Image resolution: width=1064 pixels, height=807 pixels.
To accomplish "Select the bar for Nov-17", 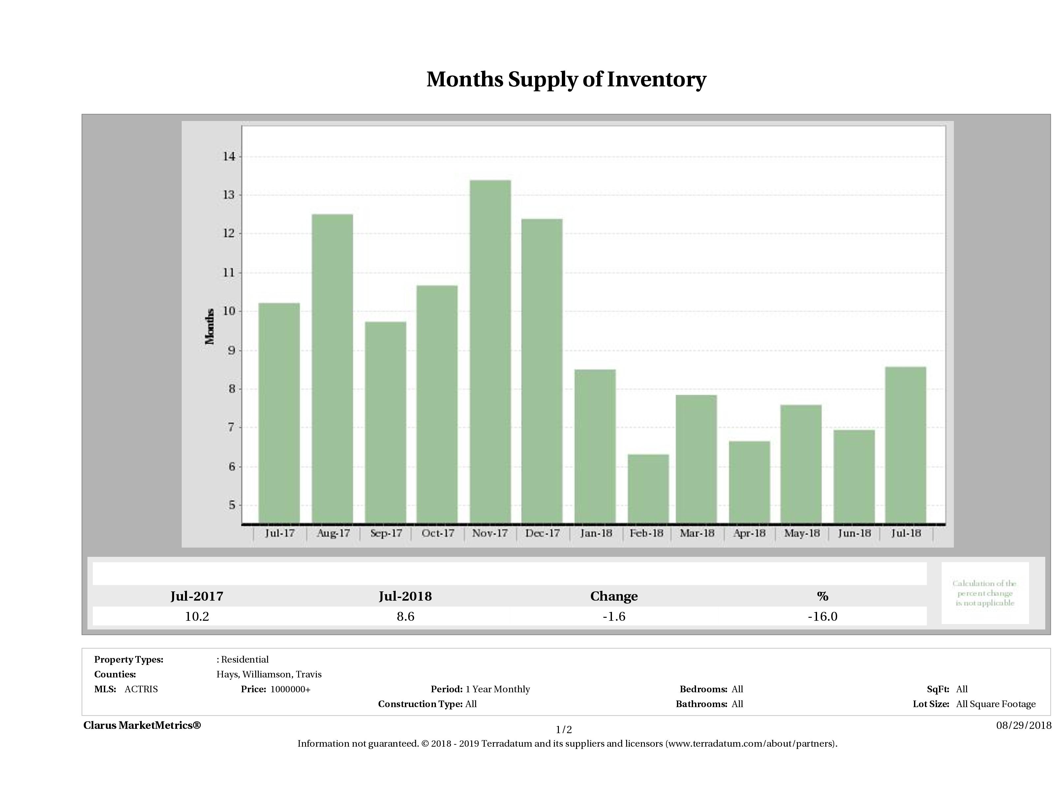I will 490,351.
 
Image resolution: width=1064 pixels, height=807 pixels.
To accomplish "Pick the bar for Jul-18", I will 905,445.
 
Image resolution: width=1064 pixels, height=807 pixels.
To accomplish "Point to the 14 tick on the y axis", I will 228,156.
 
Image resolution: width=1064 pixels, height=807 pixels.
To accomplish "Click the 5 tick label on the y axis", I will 232,505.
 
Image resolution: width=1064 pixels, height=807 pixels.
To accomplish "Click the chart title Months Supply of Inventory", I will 566,79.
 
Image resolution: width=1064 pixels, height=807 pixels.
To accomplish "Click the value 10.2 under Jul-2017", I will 197,616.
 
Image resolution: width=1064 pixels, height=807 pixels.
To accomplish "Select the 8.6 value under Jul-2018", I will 406,616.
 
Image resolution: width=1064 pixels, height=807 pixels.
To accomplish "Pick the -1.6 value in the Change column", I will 614,616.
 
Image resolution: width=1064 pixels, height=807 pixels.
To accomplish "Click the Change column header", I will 614,596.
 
